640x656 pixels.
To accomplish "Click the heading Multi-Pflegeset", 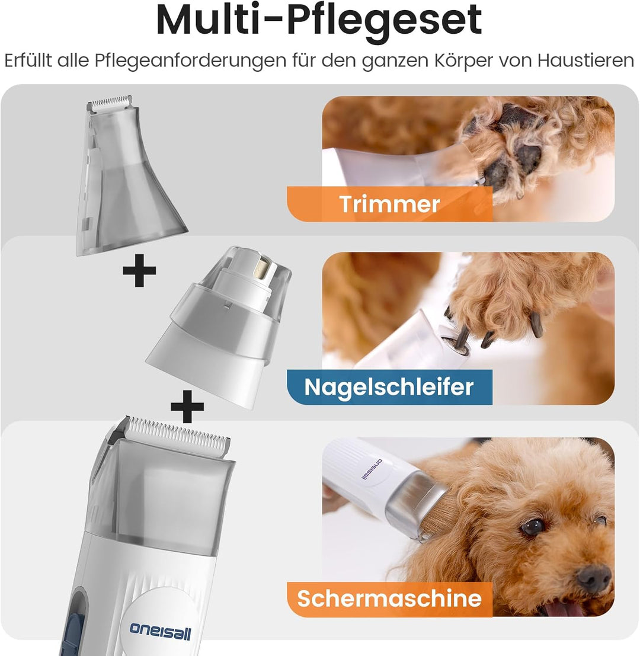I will (319, 21).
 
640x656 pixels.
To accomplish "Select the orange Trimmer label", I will (389, 204).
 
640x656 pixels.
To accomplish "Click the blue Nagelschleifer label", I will (389, 387).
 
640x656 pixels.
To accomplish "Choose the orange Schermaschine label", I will (389, 599).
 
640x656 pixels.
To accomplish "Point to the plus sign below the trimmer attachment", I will (139, 272).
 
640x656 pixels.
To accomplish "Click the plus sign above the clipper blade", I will (187, 407).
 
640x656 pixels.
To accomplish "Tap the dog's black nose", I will (594, 577).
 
